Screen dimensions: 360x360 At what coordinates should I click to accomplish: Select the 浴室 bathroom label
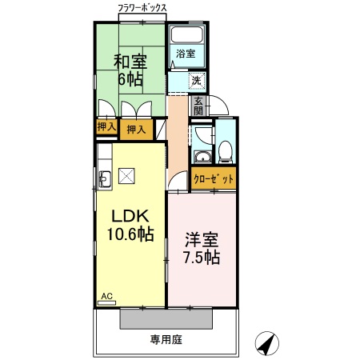[x=186, y=54]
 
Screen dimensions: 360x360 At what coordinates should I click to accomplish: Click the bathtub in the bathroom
[x=186, y=35]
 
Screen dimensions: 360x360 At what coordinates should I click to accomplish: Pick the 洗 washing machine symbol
[x=196, y=80]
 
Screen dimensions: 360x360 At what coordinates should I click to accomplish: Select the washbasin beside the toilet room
[x=202, y=156]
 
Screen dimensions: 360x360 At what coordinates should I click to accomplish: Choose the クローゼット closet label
[x=214, y=179]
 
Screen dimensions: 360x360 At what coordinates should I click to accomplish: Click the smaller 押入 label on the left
[x=106, y=126]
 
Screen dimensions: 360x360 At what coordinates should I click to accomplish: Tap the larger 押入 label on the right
[x=136, y=130]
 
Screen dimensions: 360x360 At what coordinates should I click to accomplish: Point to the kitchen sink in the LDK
[x=104, y=180]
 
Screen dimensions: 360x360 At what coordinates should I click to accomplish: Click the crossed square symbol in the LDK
[x=126, y=177]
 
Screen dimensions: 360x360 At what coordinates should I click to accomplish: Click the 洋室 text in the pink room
[x=202, y=239]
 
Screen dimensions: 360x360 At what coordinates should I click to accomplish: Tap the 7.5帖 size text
[x=202, y=258]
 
